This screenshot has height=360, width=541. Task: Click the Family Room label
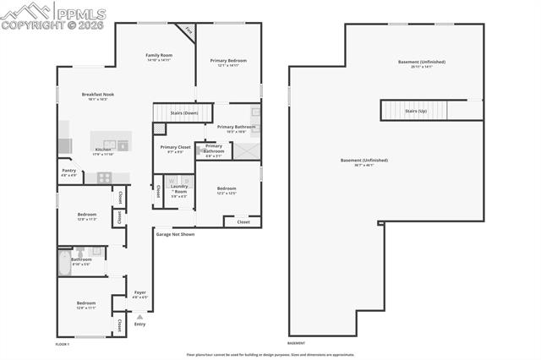click(x=159, y=57)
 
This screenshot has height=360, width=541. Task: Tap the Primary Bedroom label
click(x=228, y=63)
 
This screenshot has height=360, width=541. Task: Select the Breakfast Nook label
click(x=98, y=96)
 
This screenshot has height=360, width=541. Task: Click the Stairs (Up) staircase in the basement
click(x=415, y=111)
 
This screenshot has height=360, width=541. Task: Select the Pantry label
click(x=68, y=172)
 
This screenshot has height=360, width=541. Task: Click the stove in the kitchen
click(x=104, y=177)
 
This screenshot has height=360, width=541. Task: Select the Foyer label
click(x=140, y=295)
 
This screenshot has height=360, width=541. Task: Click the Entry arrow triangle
click(x=139, y=317)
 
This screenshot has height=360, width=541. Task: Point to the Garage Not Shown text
click(x=175, y=234)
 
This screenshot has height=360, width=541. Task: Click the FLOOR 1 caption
click(x=63, y=344)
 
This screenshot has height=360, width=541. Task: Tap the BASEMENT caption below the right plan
click(x=296, y=344)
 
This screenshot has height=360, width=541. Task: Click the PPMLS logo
click(x=54, y=14)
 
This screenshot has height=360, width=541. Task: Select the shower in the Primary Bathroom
click(x=245, y=151)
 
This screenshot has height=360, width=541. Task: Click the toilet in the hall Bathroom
click(x=81, y=252)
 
